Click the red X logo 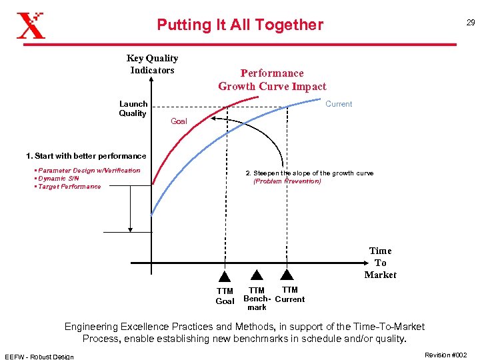(x=31, y=25)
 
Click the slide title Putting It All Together (x=240, y=25)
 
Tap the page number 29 (x=470, y=23)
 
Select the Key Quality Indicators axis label (x=152, y=64)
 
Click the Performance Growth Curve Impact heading (x=272, y=80)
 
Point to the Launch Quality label (x=133, y=109)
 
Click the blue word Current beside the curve (x=339, y=104)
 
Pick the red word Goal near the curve (x=179, y=121)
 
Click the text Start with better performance (x=86, y=156)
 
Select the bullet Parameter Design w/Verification (x=88, y=171)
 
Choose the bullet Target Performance (x=69, y=187)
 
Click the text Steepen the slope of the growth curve (x=309, y=173)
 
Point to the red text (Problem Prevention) (x=287, y=181)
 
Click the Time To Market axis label (x=380, y=263)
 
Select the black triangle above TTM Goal (x=225, y=277)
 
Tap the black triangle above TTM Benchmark (x=256, y=275)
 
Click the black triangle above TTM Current (x=287, y=274)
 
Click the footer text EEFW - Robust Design (x=39, y=356)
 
